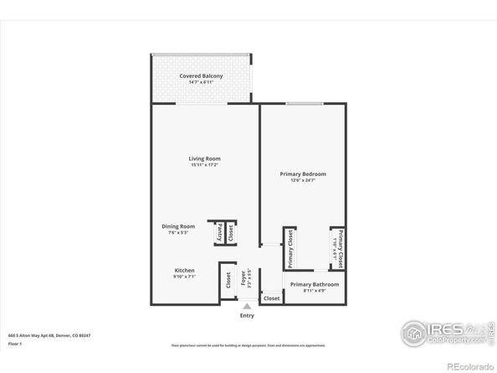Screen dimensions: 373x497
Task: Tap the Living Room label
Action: (205, 158)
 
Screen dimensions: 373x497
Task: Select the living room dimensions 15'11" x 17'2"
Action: (205, 164)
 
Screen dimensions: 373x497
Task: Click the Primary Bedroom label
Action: (303, 174)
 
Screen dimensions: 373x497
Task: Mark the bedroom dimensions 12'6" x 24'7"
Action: (303, 180)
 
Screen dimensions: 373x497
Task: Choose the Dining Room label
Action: (178, 225)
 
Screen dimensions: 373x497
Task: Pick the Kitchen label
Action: (185, 271)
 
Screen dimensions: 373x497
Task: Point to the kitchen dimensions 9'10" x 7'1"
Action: (185, 277)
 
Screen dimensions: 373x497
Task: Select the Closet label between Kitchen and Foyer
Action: (228, 281)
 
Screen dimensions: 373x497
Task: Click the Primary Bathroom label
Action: (315, 285)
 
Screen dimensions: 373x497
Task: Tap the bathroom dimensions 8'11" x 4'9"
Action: (315, 292)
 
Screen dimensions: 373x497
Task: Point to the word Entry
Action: (248, 316)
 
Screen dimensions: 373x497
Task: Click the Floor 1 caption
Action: (15, 344)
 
